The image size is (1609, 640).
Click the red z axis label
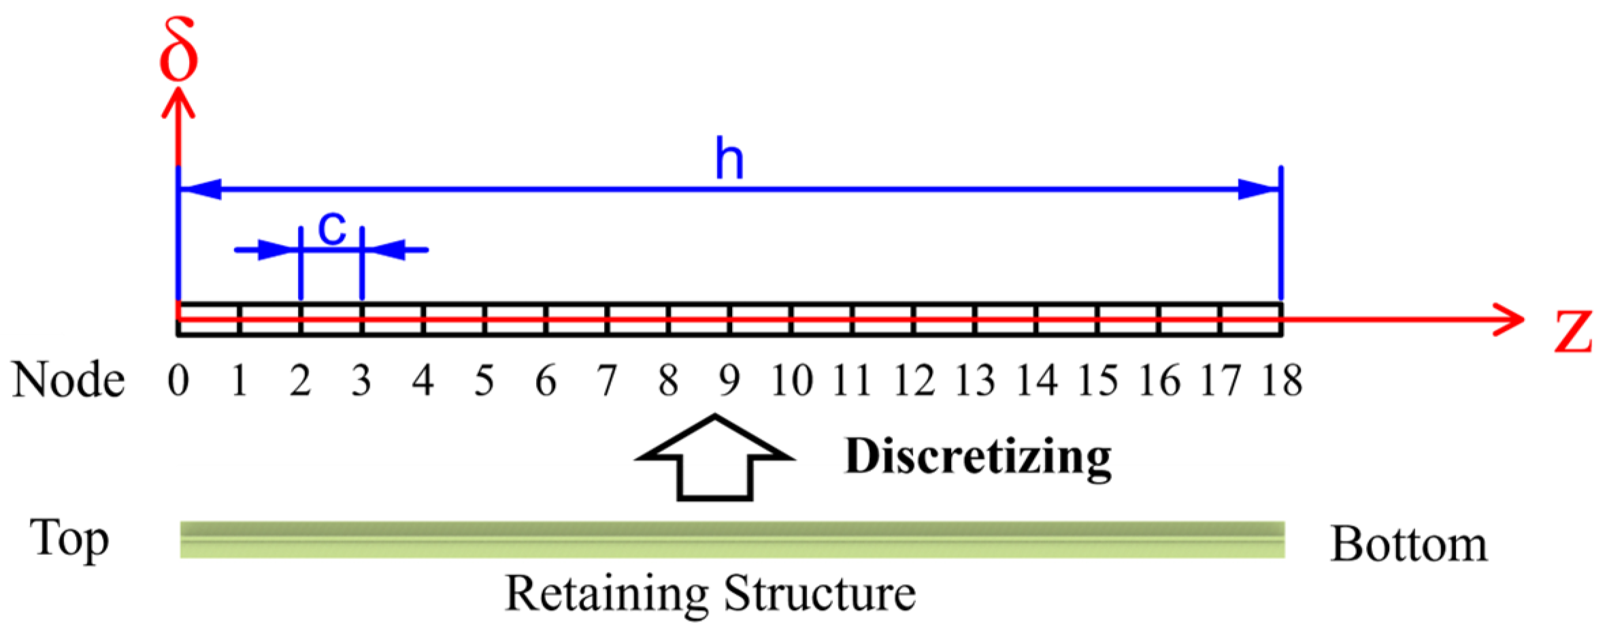tap(1573, 332)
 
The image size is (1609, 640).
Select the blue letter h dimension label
tap(729, 159)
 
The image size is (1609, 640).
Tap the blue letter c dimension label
tap(332, 229)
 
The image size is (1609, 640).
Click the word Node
tap(69, 380)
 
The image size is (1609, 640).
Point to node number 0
tap(178, 380)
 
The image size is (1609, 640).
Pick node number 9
tap(729, 380)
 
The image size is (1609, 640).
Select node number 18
tap(1282, 380)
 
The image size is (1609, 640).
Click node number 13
tap(975, 380)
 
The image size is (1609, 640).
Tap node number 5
tap(484, 380)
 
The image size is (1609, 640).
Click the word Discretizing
tap(978, 456)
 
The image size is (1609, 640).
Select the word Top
tap(69, 538)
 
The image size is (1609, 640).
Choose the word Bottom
tap(1408, 544)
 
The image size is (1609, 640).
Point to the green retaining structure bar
tap(732, 539)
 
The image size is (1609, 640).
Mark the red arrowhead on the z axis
tap(1509, 319)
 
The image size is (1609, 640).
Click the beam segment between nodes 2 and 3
tap(331, 319)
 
